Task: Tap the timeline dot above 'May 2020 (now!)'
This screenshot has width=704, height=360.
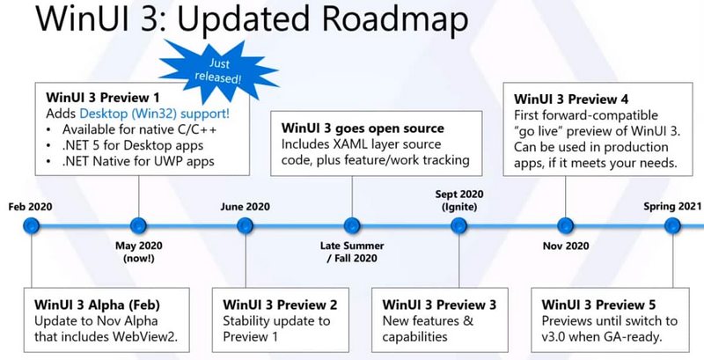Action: [137, 225]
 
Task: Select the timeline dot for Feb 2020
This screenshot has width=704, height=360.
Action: [32, 225]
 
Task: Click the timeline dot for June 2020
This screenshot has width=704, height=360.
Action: [245, 225]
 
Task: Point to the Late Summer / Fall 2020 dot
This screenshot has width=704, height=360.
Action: [352, 225]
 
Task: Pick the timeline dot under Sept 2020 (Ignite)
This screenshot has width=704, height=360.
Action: [458, 225]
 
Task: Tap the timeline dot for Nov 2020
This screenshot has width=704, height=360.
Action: [566, 225]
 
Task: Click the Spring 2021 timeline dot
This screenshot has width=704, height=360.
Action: [673, 225]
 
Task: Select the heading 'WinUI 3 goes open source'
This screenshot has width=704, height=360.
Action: [354, 125]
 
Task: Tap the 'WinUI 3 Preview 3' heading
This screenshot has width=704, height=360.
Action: [440, 304]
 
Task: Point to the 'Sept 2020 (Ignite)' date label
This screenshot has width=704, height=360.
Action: [458, 200]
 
